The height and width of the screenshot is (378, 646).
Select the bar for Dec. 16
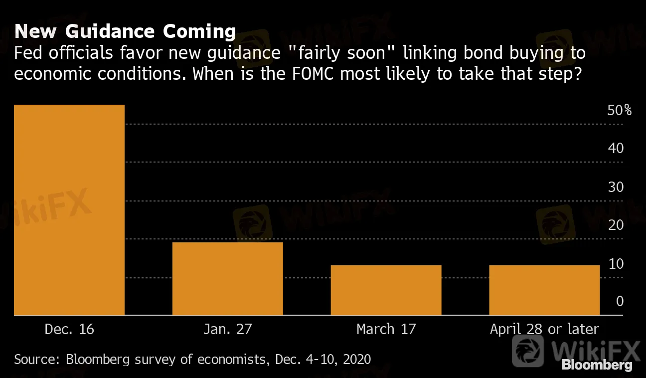coord(69,209)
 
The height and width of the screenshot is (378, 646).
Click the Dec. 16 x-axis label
coord(69,329)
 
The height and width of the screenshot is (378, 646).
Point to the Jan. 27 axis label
coord(227,329)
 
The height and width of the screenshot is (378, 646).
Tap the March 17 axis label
coord(386,329)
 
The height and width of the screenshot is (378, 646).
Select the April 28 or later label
coord(544,329)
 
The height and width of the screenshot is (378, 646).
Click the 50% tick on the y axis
coord(619,110)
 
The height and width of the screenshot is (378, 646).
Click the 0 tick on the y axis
coord(619,301)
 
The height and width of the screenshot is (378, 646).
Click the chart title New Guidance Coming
coord(125,31)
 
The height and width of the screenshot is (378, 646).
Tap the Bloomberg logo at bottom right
coord(597,365)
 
